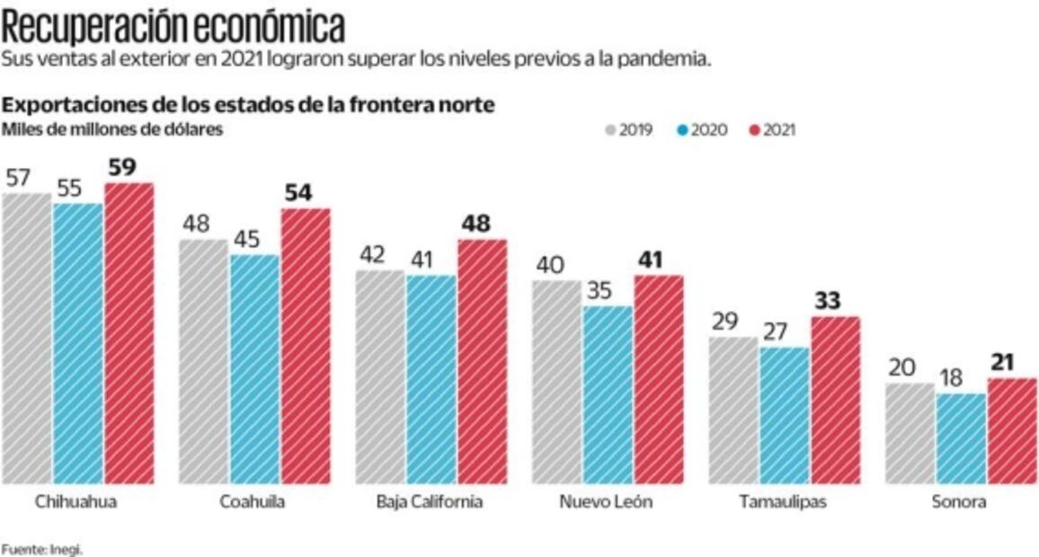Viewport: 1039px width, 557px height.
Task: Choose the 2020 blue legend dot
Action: (x=682, y=130)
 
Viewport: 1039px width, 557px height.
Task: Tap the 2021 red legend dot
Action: (x=753, y=130)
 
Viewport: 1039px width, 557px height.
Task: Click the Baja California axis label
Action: (x=429, y=501)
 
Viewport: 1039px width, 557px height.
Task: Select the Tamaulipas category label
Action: (x=784, y=501)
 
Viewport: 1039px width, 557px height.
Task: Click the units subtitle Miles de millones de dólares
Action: (x=112, y=129)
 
